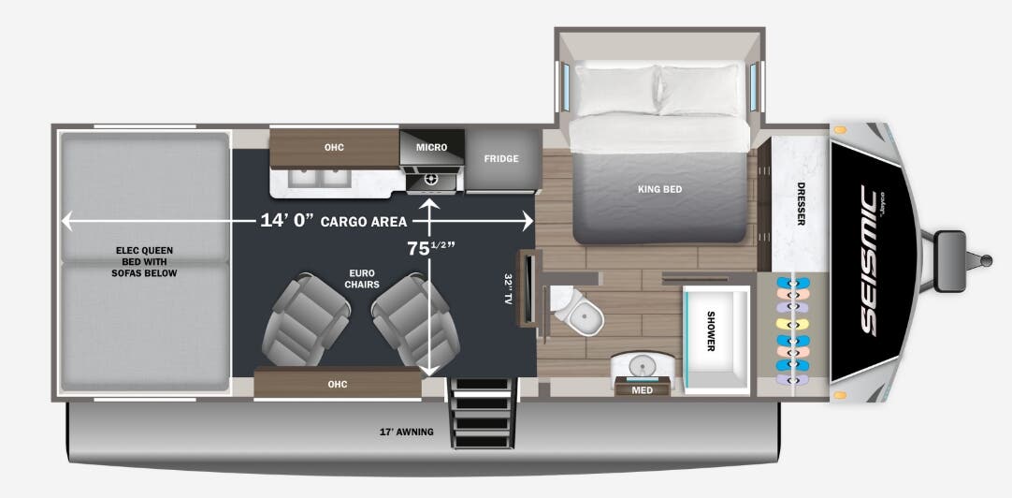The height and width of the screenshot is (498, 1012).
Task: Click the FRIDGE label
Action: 500,159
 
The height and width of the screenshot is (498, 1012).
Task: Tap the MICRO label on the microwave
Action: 432,148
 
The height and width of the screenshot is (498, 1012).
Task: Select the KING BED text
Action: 659,189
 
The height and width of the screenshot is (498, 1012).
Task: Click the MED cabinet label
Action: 642,389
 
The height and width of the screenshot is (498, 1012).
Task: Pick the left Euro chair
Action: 300,320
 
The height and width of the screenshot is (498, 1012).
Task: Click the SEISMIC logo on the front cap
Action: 869,259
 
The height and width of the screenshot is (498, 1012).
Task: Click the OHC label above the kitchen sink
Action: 335,148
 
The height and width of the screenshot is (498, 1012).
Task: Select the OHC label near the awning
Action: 337,383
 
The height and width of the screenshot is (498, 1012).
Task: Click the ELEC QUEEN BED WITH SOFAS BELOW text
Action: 145,261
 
